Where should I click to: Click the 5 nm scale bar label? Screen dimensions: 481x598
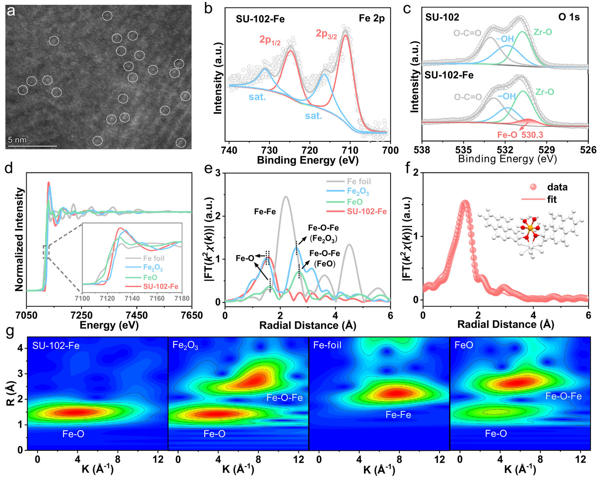(17, 140)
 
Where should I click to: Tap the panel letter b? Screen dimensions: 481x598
(209, 9)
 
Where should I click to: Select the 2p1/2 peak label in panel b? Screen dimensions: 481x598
(270, 40)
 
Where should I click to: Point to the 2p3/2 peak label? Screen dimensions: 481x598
(326, 34)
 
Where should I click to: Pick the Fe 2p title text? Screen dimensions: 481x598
(371, 18)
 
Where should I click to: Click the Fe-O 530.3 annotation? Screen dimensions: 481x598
(520, 135)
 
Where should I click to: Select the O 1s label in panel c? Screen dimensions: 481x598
(569, 18)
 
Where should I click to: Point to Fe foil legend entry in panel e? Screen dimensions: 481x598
(359, 181)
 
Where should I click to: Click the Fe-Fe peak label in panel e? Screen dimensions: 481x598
(265, 212)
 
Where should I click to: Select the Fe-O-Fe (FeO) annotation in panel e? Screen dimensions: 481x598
(324, 259)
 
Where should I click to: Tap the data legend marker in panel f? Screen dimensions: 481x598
(533, 187)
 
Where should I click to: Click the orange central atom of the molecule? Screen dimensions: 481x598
(530, 228)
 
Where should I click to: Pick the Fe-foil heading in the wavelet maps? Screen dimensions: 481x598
(327, 345)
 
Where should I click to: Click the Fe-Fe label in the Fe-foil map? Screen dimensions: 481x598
(398, 414)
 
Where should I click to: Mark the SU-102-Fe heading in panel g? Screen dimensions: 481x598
(56, 346)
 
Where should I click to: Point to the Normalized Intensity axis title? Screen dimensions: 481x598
(19, 239)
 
